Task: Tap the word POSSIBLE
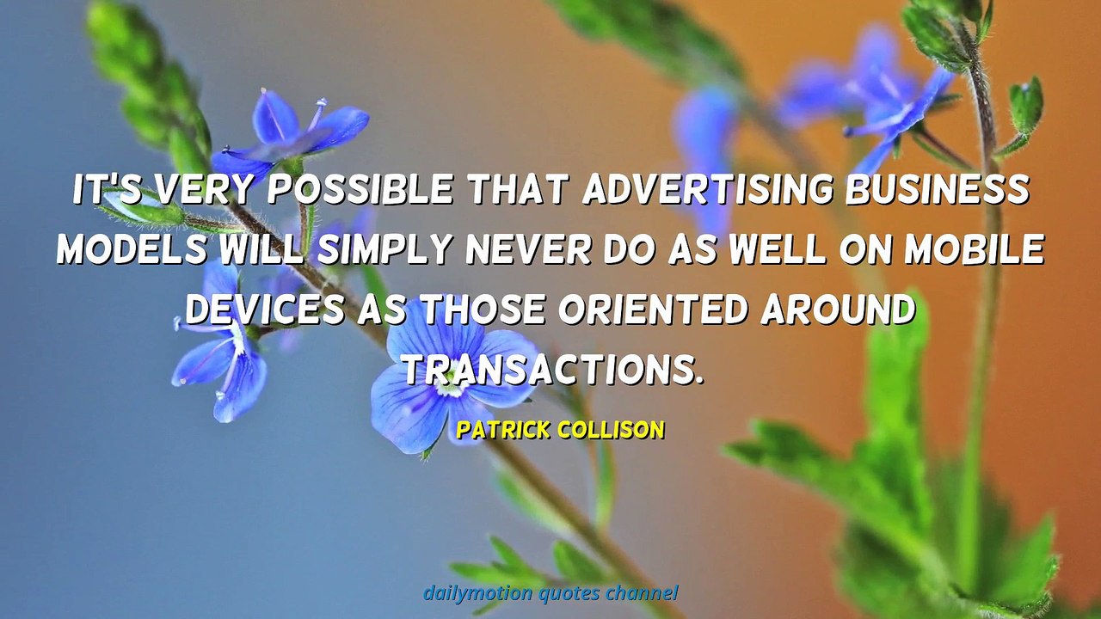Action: pyautogui.click(x=360, y=188)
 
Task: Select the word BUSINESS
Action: pyautogui.click(x=938, y=188)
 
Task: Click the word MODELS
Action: pyautogui.click(x=132, y=249)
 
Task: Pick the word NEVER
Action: pyautogui.click(x=528, y=249)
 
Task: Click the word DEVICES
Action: pyautogui.click(x=265, y=309)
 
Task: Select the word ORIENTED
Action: pyautogui.click(x=653, y=309)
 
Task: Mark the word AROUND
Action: pyautogui.click(x=838, y=309)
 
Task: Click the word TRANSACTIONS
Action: pyautogui.click(x=553, y=370)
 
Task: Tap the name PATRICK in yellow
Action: pyautogui.click(x=503, y=430)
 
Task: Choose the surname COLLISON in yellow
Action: pyautogui.click(x=612, y=430)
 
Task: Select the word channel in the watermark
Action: pyautogui.click(x=642, y=592)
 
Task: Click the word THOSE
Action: pyautogui.click(x=483, y=309)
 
